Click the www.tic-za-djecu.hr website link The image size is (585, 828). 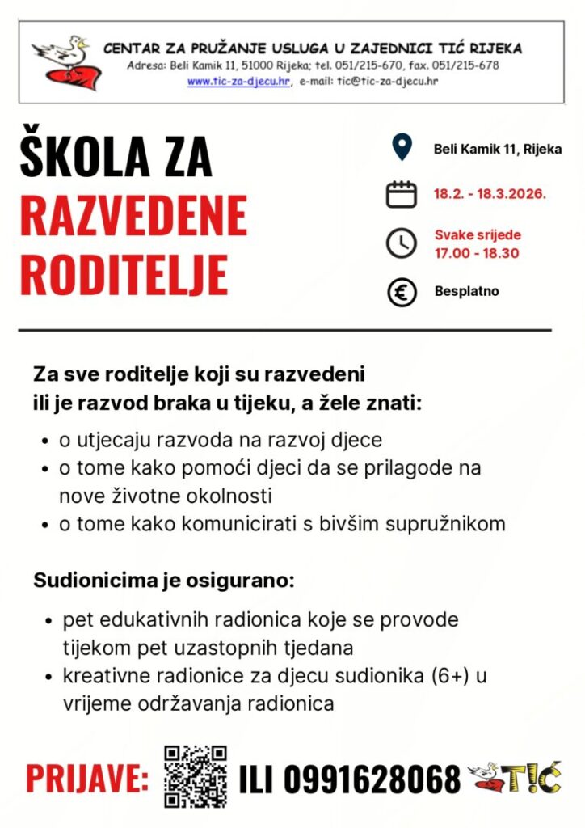tap(238, 82)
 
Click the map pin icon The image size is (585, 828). tap(401, 148)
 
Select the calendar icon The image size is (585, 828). tap(401, 194)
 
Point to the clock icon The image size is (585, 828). tap(401, 243)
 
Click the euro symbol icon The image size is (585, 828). tap(401, 292)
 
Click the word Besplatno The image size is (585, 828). tap(466, 291)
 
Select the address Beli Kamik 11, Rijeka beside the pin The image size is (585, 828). tap(497, 149)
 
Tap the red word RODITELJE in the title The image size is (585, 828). tap(124, 274)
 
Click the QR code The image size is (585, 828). tap(195, 777)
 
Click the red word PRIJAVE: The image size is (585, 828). tap(87, 779)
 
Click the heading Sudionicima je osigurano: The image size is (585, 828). tap(163, 581)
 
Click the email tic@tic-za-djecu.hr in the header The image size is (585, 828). tap(387, 82)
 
